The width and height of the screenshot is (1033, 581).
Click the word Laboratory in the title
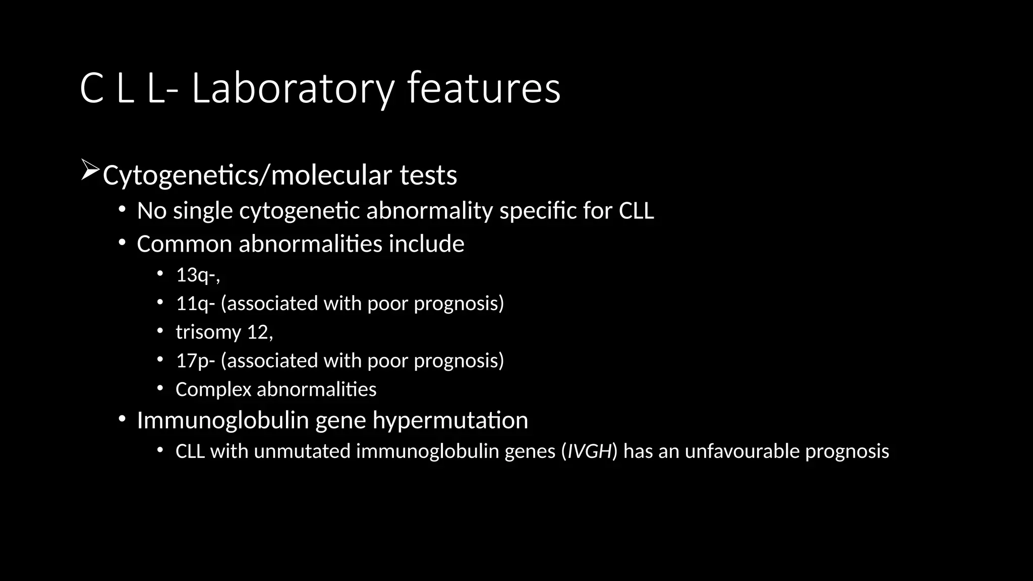pyautogui.click(x=293, y=89)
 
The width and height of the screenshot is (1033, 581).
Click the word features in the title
pyautogui.click(x=484, y=89)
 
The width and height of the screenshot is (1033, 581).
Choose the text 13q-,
pyautogui.click(x=198, y=275)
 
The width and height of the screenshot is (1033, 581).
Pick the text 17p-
pyautogui.click(x=195, y=361)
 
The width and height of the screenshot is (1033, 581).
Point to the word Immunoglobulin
pyautogui.click(x=222, y=421)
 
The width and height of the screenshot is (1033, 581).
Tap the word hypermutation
pyautogui.click(x=450, y=421)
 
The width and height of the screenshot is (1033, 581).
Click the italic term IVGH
pyautogui.click(x=590, y=451)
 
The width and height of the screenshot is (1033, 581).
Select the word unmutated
pyautogui.click(x=302, y=451)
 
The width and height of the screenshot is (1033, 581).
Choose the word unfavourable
pyautogui.click(x=741, y=451)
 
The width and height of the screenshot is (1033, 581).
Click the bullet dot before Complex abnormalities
pyautogui.click(x=160, y=388)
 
